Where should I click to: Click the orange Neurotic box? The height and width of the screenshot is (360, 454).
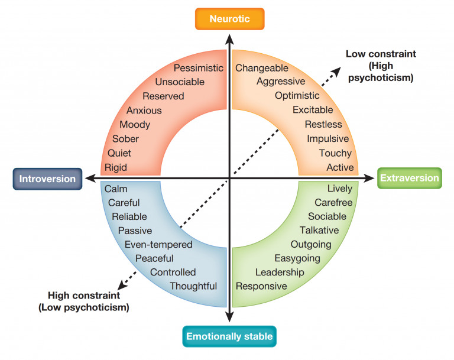point(229,19)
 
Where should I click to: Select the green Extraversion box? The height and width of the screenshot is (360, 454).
point(409,178)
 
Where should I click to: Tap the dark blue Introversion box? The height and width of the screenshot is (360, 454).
point(47,179)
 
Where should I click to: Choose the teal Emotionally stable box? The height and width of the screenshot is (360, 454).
point(229,337)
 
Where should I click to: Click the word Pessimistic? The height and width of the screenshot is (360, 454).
point(199,68)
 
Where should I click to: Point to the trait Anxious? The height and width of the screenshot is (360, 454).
point(144,111)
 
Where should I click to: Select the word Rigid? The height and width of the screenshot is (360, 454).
point(116,167)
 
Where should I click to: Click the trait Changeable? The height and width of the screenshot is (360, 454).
point(261,68)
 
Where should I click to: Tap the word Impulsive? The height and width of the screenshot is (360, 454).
point(327,139)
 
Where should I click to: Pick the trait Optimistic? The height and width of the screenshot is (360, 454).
point(297,96)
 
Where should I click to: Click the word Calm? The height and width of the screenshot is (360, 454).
point(116,189)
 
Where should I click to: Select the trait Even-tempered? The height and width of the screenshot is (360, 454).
point(158,244)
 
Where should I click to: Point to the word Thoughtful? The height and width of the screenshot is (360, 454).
point(193,286)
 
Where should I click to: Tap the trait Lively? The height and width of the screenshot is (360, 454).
point(339,189)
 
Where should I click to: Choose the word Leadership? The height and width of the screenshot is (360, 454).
point(280,272)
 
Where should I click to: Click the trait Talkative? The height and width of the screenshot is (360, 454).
point(319,231)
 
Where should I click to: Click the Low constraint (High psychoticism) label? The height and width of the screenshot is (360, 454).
point(381,66)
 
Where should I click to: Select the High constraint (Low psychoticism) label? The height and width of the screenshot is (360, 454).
point(84,301)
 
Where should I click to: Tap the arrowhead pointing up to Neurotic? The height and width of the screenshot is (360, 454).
point(229,38)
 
